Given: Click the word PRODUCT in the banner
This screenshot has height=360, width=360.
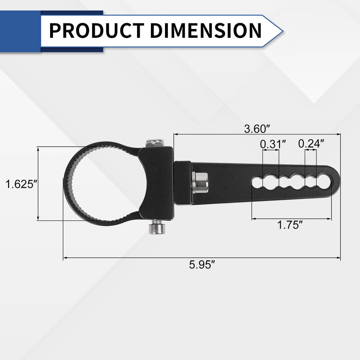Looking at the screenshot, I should pos(96,31).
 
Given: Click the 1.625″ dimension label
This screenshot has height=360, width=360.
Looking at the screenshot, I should pos(21,184).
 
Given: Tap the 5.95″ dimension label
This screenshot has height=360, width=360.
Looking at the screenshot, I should pos(202,265).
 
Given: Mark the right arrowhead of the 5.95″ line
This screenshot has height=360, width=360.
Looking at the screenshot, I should pos(339,257).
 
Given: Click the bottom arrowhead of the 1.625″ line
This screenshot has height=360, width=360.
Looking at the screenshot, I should pos(38,219).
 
